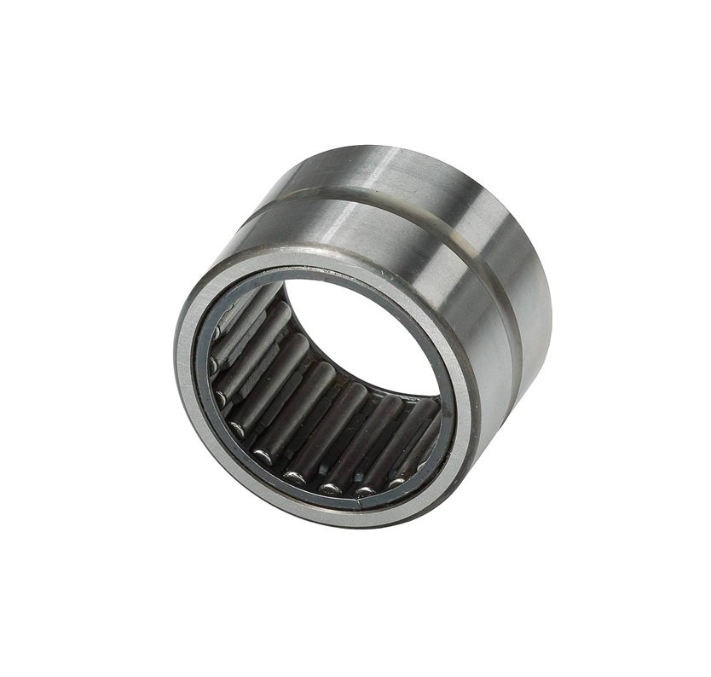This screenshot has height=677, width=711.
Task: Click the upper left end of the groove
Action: coord(247,217)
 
